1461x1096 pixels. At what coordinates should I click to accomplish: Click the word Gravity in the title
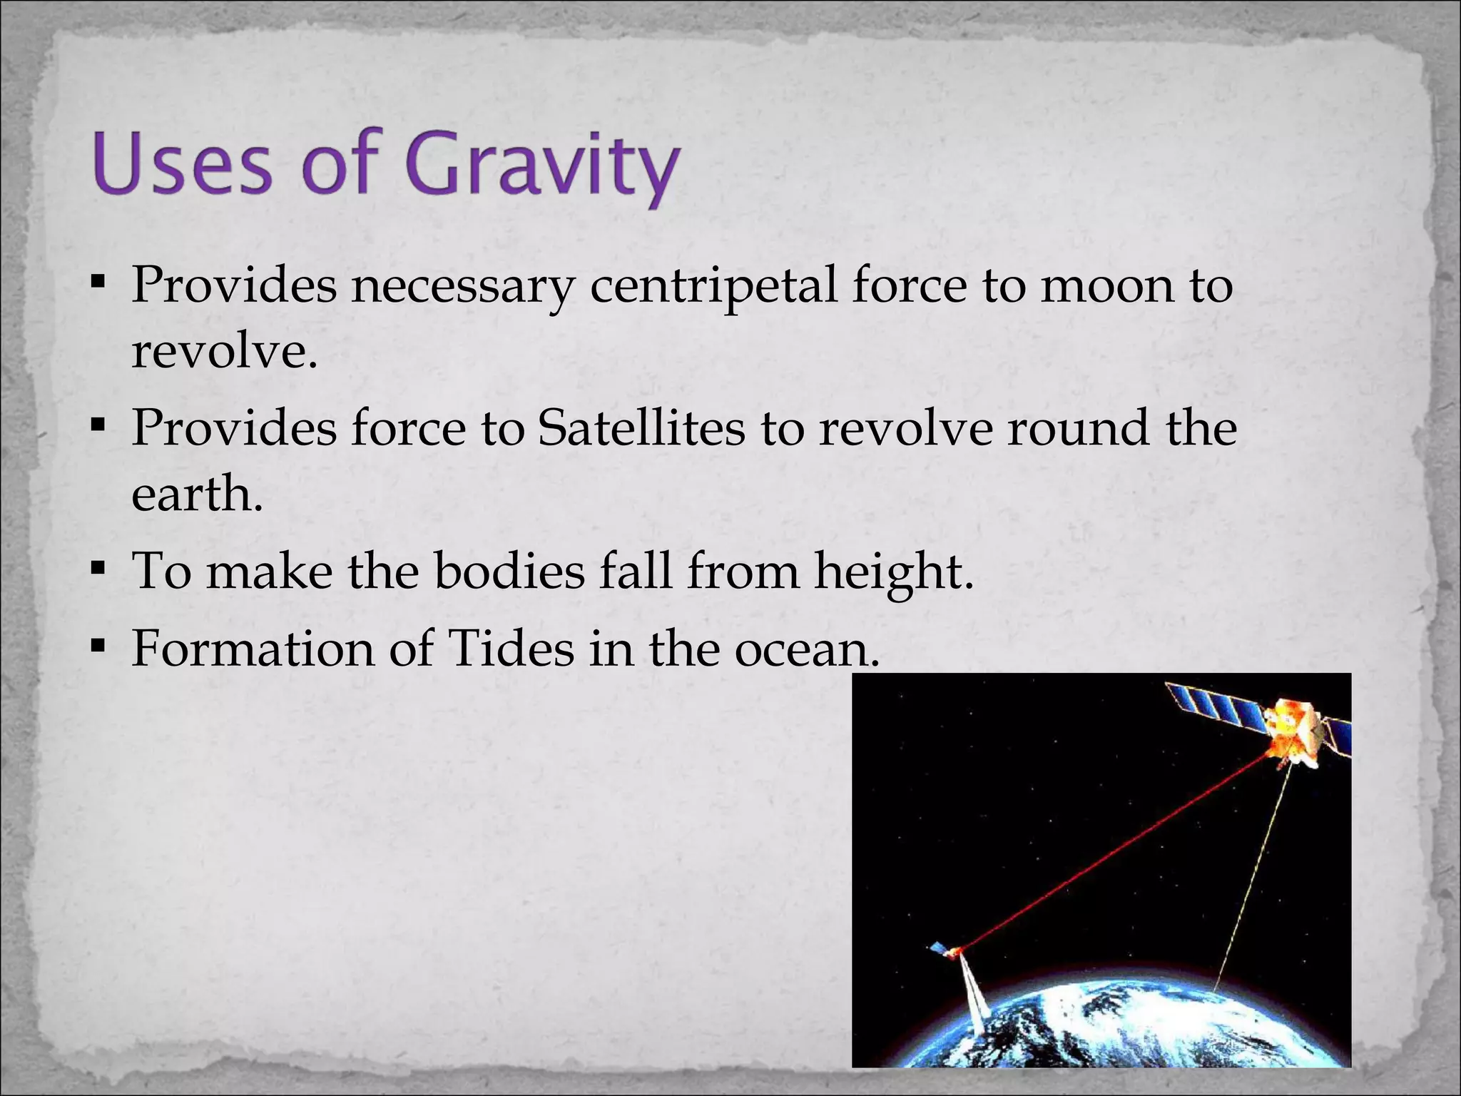(x=542, y=166)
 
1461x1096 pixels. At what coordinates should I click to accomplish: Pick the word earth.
(x=196, y=494)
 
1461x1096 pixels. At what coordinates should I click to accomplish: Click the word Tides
(x=511, y=649)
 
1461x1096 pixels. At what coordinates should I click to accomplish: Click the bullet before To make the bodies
(x=98, y=570)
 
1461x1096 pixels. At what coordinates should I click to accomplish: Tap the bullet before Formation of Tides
(x=98, y=648)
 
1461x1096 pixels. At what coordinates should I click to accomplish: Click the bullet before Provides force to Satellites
(x=98, y=427)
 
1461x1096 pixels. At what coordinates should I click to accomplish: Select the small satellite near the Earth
(x=945, y=950)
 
